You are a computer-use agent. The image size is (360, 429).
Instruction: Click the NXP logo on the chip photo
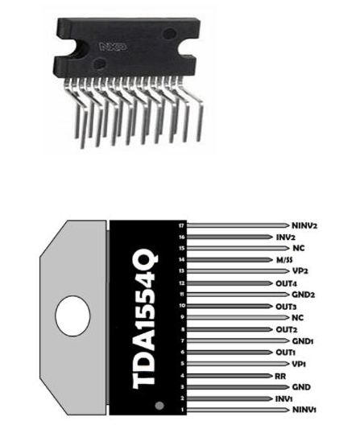pos(113,47)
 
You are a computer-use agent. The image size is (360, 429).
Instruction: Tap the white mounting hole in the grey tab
pos(72,316)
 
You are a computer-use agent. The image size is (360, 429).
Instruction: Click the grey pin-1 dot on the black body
pos(159,406)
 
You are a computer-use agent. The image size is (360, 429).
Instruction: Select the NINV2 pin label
pos(304,225)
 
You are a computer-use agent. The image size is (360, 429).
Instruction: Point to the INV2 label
pos(286,237)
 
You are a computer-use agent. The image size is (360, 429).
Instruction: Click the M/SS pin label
pos(284,260)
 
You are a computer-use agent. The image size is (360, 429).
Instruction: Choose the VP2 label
pos(300,271)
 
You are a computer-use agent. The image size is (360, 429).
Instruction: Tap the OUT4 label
pos(287,283)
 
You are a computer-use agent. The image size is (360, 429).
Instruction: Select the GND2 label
pos(304,295)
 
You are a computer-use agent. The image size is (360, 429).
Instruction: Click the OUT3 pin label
pos(286,307)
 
